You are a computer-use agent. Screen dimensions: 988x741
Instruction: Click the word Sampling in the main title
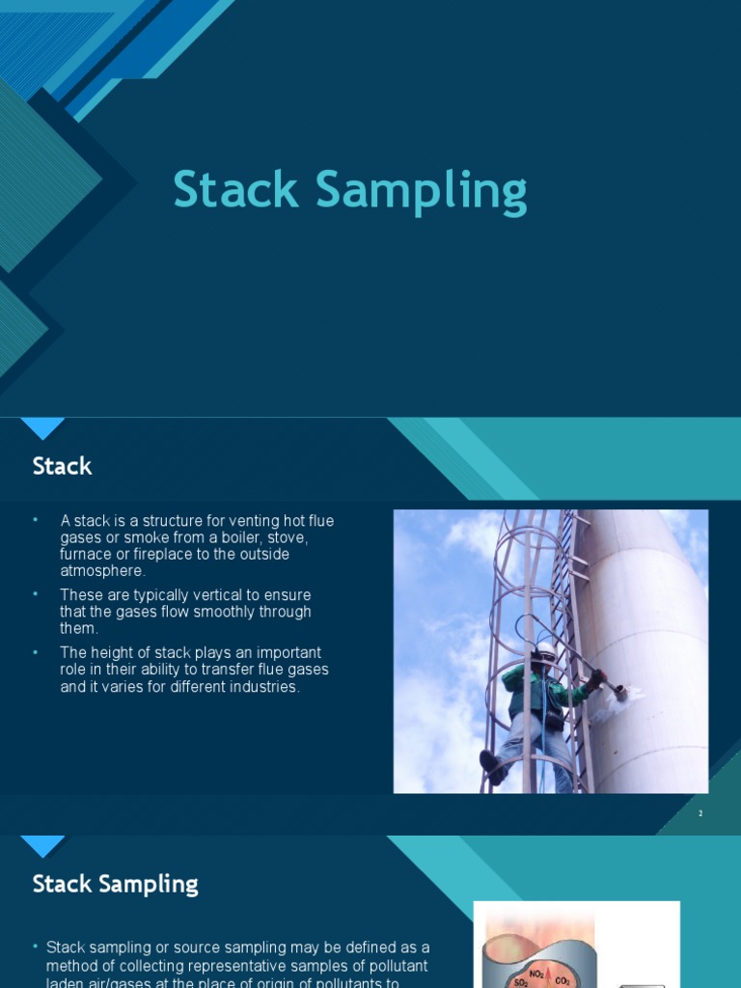click(422, 191)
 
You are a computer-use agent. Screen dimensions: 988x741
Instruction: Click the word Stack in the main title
click(236, 190)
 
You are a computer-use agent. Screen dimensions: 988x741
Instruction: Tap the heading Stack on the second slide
click(62, 466)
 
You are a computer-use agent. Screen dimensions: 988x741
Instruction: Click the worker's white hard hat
click(545, 651)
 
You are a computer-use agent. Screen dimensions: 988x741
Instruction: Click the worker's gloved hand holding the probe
click(597, 678)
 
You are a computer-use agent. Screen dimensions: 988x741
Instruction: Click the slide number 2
click(700, 813)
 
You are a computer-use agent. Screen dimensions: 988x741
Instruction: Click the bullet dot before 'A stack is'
click(36, 520)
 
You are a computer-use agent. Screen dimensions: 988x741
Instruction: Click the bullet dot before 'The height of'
click(36, 653)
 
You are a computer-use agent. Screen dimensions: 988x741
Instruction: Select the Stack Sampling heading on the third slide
click(115, 884)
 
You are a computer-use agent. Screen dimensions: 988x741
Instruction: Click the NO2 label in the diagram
click(538, 974)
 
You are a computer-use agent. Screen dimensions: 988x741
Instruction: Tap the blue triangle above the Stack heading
click(42, 428)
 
